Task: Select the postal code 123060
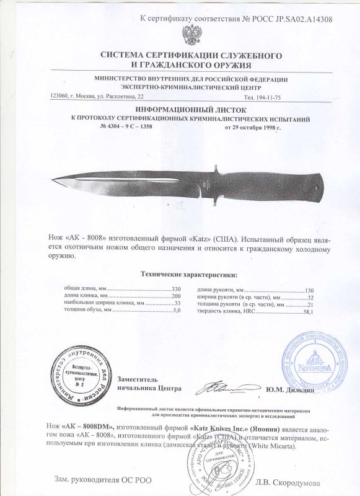tap(60, 97)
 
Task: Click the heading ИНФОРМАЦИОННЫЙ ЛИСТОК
tap(179, 108)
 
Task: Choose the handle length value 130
tap(310, 290)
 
